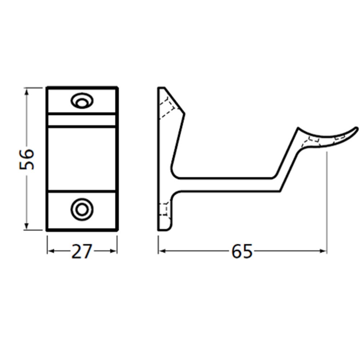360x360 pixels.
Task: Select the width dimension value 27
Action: pyautogui.click(x=82, y=251)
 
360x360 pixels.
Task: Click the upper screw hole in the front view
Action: pyautogui.click(x=81, y=100)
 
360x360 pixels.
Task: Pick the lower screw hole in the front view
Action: pyautogui.click(x=81, y=209)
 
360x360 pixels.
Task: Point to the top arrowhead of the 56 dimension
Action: pyautogui.click(x=26, y=91)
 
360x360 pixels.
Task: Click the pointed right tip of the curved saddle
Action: pyautogui.click(x=357, y=128)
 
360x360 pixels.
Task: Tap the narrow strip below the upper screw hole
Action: pyautogui.click(x=82, y=120)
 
